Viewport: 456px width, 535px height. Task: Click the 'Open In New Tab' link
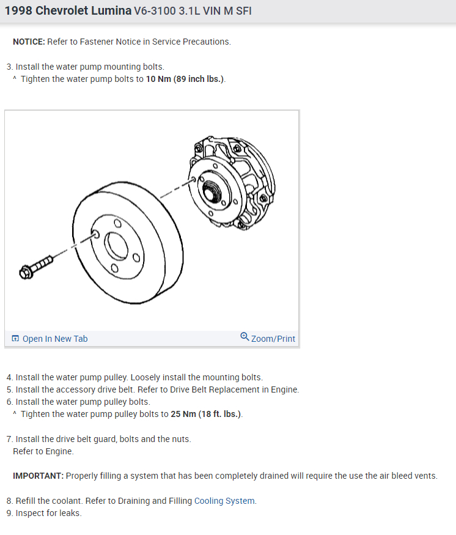coord(54,339)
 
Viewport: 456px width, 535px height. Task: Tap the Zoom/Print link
coord(273,339)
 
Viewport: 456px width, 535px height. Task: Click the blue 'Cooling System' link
coord(224,501)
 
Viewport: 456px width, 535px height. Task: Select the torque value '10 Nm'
coord(158,79)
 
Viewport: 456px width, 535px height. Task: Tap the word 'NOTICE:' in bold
coord(29,42)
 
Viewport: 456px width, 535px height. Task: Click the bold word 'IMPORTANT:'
coord(38,476)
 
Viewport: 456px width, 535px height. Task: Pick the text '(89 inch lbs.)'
coord(199,79)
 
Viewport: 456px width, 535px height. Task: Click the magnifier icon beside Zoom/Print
coord(245,337)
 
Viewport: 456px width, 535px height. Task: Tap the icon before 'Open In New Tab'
coord(15,339)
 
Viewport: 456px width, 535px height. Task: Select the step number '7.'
coord(10,439)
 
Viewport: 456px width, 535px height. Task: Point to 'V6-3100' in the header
coord(155,12)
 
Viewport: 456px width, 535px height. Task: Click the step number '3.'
coord(10,67)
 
